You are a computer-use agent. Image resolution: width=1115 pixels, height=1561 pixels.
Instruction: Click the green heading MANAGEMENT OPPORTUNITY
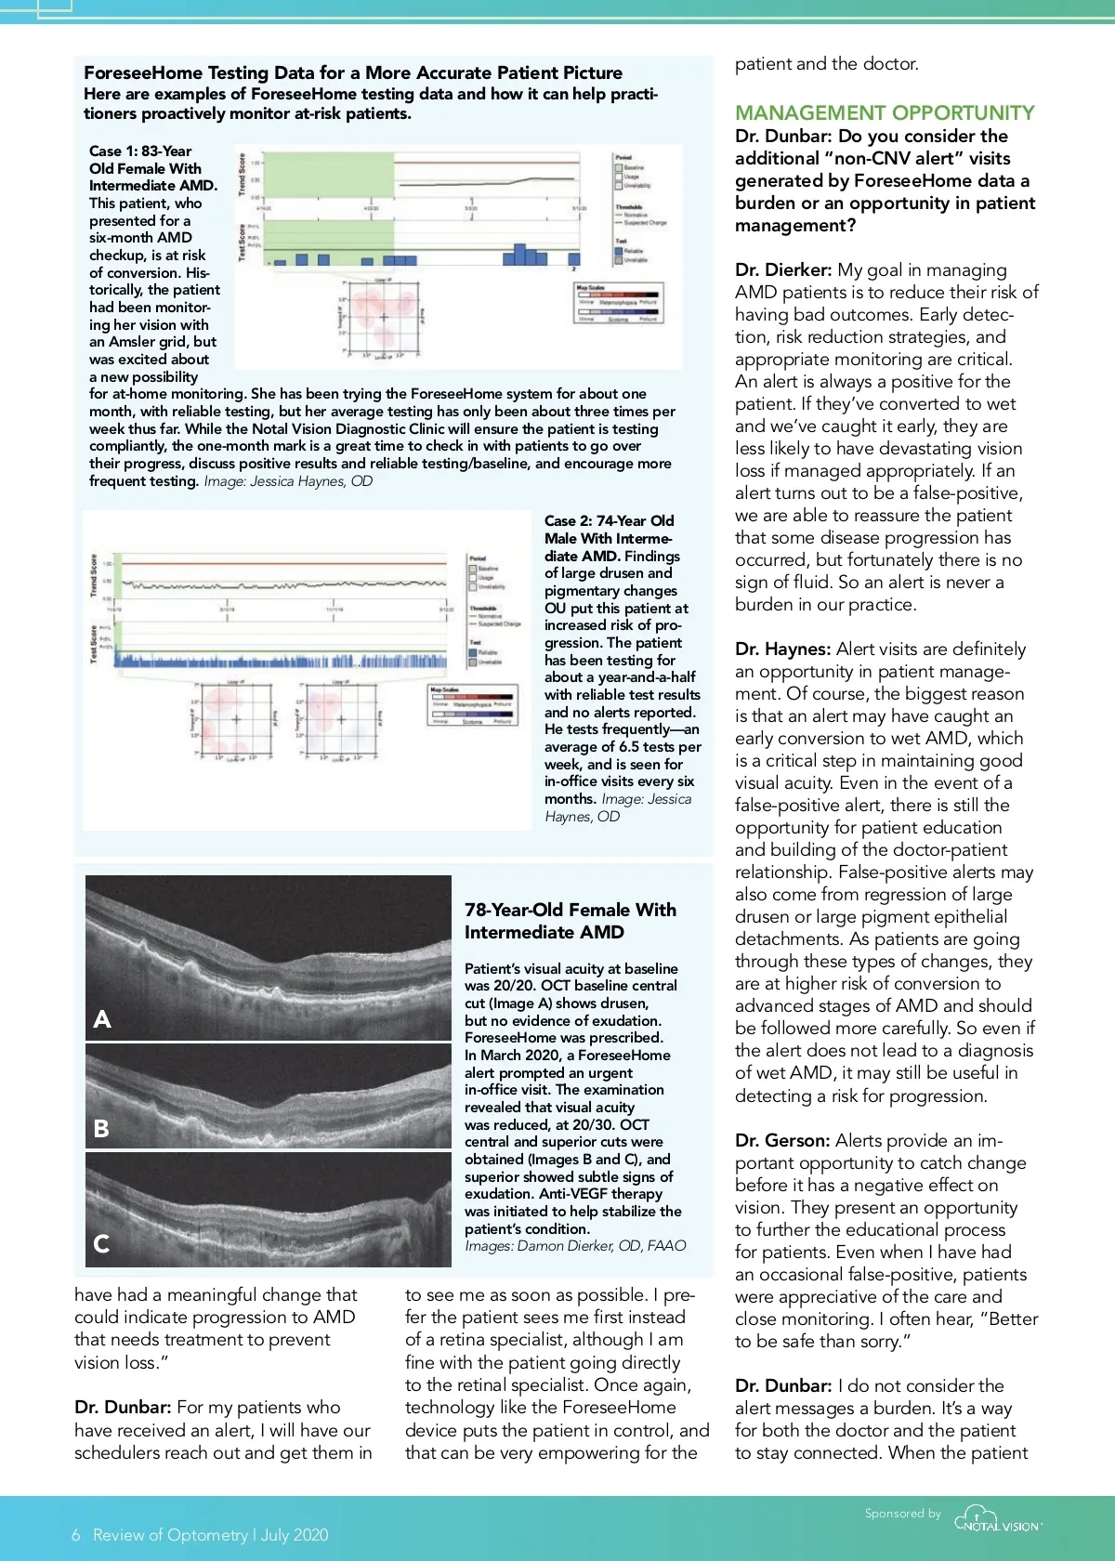pos(884,113)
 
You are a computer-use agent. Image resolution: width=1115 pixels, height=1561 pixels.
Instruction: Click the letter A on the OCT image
pos(102,1019)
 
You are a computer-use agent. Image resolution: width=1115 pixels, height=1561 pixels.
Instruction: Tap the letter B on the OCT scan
pos(101,1129)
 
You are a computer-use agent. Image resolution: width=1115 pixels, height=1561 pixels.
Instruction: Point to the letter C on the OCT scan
pos(101,1244)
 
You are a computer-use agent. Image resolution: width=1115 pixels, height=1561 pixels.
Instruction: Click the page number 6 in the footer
pos(76,1535)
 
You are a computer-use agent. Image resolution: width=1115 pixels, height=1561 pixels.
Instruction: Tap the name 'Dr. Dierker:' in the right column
pos(782,270)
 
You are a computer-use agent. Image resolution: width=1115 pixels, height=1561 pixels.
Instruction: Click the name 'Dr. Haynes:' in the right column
pos(782,649)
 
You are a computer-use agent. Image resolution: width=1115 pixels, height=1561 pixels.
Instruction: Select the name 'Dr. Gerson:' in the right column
pos(781,1141)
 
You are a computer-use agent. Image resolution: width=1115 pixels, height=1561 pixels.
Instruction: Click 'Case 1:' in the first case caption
pos(112,151)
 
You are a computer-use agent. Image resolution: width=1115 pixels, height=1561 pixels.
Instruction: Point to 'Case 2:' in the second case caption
pos(568,521)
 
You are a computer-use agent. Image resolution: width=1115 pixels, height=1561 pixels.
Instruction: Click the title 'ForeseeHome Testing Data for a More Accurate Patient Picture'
pos(353,73)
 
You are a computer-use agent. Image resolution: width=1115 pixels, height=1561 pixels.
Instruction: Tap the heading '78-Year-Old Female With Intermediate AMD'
pos(570,921)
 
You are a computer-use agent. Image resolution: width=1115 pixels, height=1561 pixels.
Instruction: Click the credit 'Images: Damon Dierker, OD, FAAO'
pos(575,1246)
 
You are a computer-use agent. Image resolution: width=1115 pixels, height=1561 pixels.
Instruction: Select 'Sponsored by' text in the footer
pos(902,1514)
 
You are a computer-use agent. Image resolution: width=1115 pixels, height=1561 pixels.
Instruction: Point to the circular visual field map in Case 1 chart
pos(382,317)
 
